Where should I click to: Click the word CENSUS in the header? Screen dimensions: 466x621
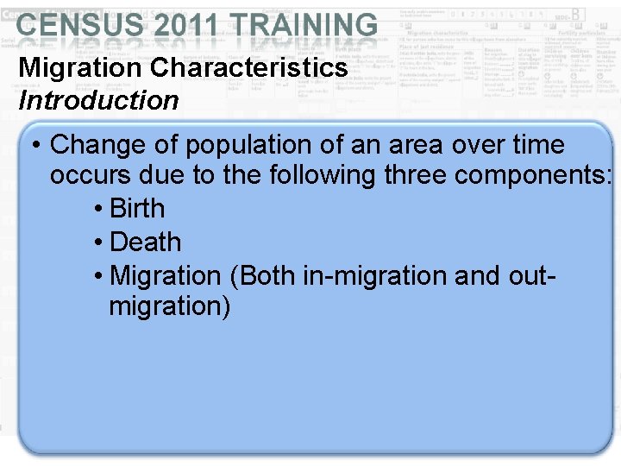(77, 26)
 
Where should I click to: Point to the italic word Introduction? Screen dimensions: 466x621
(98, 100)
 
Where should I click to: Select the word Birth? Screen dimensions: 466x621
(138, 209)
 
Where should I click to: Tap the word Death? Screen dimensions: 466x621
(147, 242)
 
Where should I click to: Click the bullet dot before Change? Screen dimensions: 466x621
(36, 145)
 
